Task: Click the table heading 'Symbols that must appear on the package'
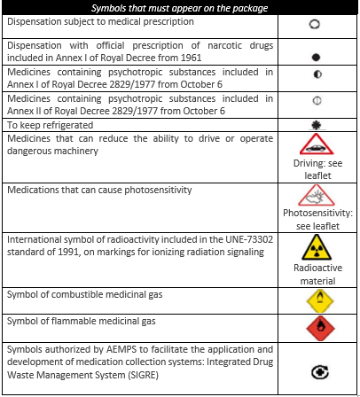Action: (181, 9)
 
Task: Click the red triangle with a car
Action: (317, 145)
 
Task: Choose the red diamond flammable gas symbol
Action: (315, 330)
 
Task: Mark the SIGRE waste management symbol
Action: (315, 375)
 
